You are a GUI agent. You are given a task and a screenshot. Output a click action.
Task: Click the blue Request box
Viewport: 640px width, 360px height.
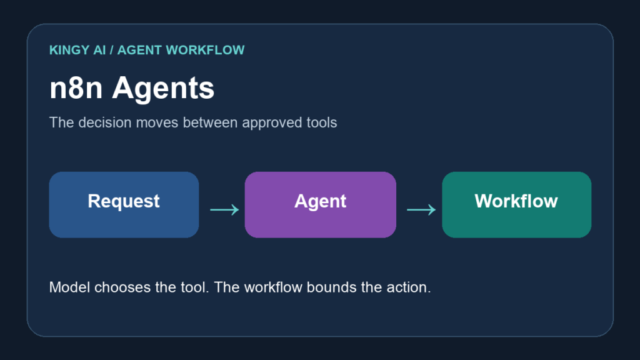coord(124,204)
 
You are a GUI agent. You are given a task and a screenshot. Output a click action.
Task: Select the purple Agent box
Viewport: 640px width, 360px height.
coord(321,204)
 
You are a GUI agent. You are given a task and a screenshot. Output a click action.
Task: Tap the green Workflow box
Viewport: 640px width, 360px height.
coord(517,204)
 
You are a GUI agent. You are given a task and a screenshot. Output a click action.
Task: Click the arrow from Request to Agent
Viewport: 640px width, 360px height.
coord(224,210)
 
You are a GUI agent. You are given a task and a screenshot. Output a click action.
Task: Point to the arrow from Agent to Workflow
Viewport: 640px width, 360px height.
coord(421,210)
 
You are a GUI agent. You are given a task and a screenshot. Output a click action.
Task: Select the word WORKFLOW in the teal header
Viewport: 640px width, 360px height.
coord(205,50)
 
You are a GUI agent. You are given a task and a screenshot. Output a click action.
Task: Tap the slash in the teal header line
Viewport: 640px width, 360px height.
coord(111,50)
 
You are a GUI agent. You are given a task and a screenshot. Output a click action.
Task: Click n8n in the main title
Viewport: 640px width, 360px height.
coord(76,88)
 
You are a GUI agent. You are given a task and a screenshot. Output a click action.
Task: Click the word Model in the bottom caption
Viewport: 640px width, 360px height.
coord(69,287)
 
